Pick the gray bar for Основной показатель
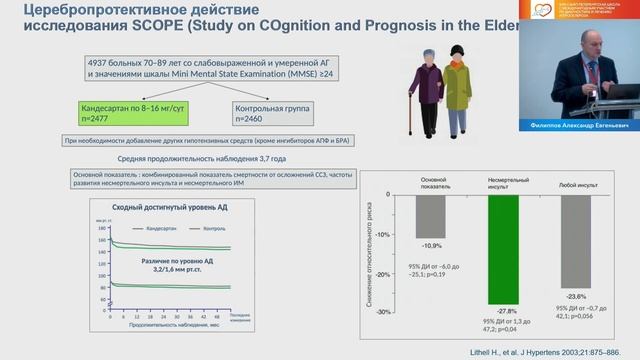[431, 215]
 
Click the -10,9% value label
[431, 245]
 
